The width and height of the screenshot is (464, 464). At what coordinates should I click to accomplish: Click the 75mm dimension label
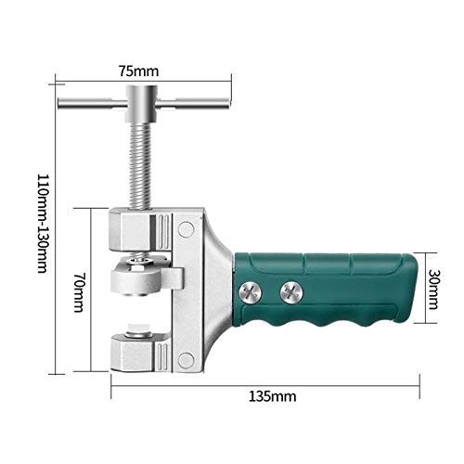coord(143,70)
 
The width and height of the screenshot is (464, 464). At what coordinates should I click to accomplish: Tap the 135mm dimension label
coord(273,395)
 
